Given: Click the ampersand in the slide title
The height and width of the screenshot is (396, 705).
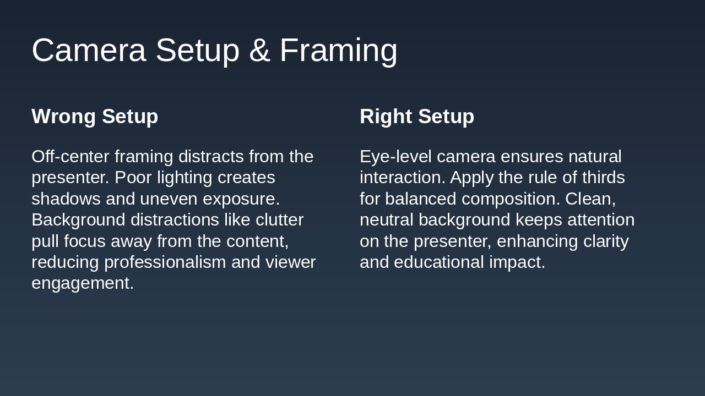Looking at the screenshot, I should tap(259, 51).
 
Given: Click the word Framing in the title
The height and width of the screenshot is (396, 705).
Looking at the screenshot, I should tap(338, 51).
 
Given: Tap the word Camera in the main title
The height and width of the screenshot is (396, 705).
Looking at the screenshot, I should tap(89, 51).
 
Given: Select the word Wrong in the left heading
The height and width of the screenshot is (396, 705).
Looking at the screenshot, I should tap(63, 117).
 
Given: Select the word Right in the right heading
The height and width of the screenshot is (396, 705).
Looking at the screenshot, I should tap(386, 117).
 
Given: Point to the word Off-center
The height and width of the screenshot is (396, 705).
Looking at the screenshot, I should tap(70, 157).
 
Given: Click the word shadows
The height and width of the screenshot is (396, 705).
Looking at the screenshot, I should tap(66, 199).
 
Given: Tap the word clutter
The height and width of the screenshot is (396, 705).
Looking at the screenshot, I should tap(279, 220).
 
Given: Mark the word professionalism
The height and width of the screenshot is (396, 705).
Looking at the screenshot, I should tap(165, 262).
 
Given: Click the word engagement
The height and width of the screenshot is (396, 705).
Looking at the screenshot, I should tap(83, 283).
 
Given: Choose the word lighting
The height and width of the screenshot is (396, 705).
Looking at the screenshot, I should tap(185, 178).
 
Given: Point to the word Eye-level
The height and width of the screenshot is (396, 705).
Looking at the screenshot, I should tap(395, 157).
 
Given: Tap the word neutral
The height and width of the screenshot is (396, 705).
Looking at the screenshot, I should tap(386, 220).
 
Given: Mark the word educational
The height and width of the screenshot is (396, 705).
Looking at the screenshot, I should tap(439, 262).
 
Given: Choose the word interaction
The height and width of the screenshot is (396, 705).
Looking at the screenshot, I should tap(402, 178).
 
